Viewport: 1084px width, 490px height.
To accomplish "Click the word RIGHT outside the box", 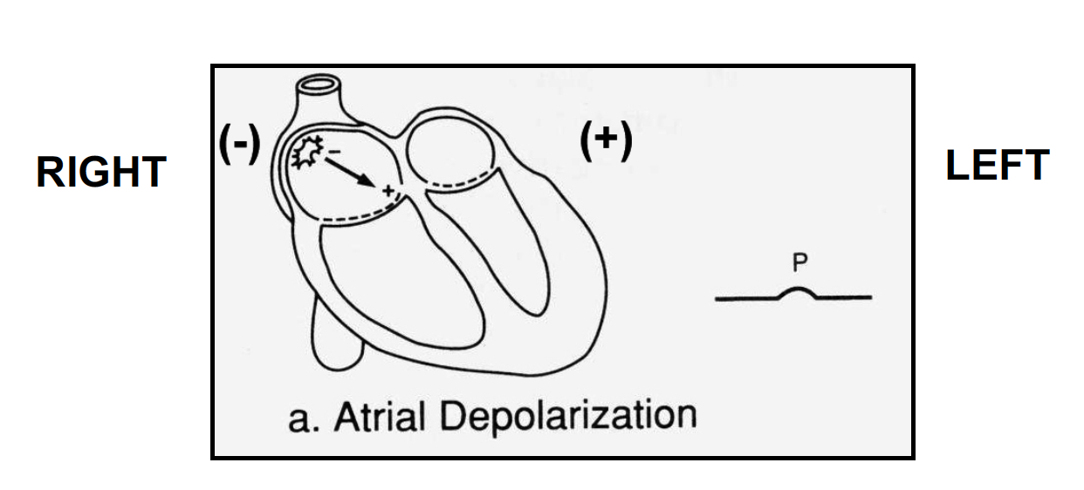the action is tap(101, 172).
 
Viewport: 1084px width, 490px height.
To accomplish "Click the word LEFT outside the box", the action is tap(997, 165).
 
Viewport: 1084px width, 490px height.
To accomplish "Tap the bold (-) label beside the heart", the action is tap(239, 143).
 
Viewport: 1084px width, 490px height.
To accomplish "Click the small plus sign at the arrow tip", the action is tap(387, 188).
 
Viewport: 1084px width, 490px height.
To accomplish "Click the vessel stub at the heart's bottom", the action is tap(336, 344).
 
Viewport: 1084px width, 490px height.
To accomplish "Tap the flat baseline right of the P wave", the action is tap(847, 298).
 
